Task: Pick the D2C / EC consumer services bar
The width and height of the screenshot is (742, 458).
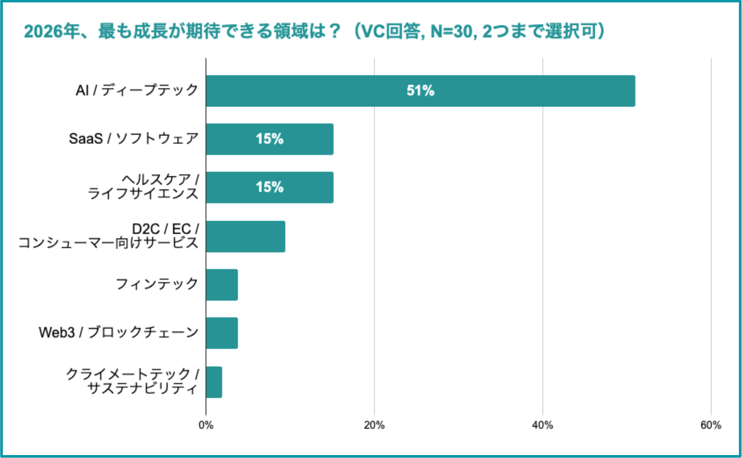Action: tap(245, 236)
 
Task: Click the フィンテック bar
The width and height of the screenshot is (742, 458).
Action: tap(222, 285)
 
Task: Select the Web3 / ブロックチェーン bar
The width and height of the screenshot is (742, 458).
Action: tap(222, 333)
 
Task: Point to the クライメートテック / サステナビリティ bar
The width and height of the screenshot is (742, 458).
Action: tap(214, 382)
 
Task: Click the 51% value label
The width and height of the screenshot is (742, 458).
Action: tap(420, 91)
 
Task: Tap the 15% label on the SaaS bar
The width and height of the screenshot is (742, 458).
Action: tap(270, 139)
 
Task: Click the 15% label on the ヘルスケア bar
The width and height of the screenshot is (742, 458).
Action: tap(270, 187)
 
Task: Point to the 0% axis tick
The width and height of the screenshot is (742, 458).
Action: tap(206, 425)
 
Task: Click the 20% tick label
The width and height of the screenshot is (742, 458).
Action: tap(374, 425)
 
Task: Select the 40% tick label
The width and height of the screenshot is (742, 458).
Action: tap(542, 425)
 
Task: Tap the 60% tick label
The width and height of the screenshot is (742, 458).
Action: tap(711, 425)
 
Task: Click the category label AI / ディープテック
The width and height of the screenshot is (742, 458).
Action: tap(137, 90)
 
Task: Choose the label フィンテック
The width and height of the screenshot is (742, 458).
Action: tap(157, 284)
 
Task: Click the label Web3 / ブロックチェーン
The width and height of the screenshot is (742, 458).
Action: tap(118, 332)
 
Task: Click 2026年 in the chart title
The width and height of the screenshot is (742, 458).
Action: tap(51, 31)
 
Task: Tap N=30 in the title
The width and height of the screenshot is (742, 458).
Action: tap(452, 31)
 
